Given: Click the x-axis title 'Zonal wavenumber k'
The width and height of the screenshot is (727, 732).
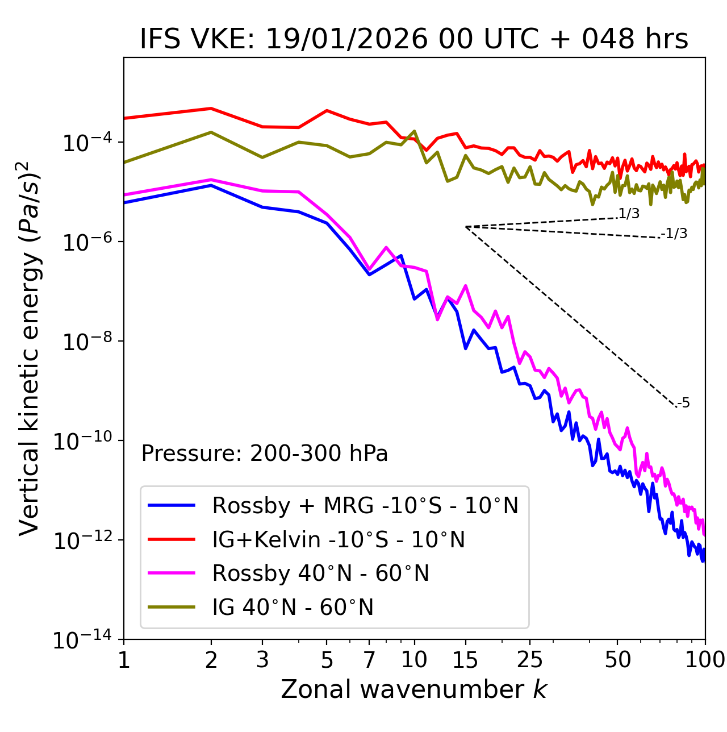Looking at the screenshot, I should click(x=413, y=689).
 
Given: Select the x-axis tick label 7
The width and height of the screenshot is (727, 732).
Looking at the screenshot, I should click(x=369, y=660).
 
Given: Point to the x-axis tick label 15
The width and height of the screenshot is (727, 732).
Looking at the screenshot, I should click(x=465, y=660).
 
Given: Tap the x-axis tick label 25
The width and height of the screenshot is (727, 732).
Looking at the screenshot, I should click(x=529, y=660).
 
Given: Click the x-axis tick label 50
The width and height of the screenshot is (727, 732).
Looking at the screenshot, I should click(x=617, y=660).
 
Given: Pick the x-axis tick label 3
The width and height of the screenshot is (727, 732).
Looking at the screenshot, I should click(x=262, y=660).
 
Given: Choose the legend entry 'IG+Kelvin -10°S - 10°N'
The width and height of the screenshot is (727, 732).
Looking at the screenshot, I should click(x=339, y=539).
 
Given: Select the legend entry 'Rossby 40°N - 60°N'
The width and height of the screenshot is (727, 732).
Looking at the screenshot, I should click(x=320, y=573).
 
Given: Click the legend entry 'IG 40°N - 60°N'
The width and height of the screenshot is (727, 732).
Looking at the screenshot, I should click(x=293, y=608).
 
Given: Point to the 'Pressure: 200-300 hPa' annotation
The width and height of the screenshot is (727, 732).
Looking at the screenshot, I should click(x=265, y=454).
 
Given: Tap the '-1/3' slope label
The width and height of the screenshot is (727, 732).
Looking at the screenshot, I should click(x=674, y=234).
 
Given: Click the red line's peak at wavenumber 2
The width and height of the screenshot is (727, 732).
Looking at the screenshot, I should click(x=211, y=108).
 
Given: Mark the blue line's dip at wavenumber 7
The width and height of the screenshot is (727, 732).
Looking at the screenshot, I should click(x=369, y=274).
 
